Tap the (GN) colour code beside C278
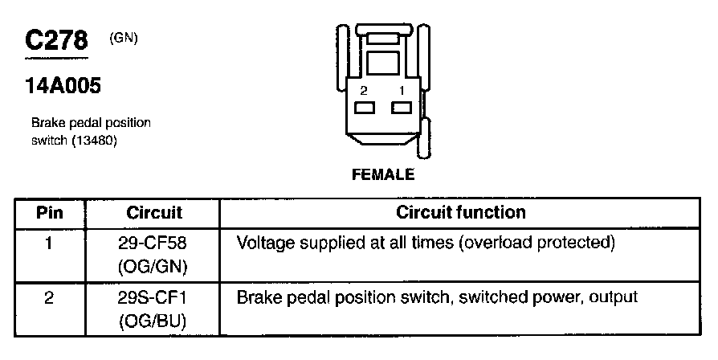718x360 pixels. click(x=124, y=37)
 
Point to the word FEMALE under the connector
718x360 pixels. click(x=382, y=174)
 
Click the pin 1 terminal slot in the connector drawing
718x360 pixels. click(x=401, y=108)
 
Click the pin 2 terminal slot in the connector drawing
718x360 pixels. click(x=365, y=108)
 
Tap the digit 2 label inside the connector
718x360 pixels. click(x=365, y=92)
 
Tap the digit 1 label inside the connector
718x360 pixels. click(x=401, y=92)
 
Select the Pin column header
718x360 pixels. click(x=50, y=213)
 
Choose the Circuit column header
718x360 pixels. click(x=154, y=213)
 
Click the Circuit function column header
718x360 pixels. click(x=461, y=212)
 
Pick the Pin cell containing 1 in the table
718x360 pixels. click(x=50, y=241)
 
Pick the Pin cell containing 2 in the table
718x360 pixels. click(x=50, y=297)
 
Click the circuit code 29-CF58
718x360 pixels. click(x=155, y=241)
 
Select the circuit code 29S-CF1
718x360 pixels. click(x=155, y=297)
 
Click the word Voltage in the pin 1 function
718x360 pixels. click(x=264, y=242)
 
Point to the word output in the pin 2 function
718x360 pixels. click(x=614, y=297)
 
